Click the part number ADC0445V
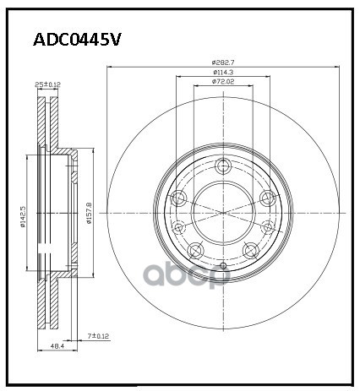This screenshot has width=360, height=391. click(77, 39)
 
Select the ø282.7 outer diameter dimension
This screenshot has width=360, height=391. click(224, 62)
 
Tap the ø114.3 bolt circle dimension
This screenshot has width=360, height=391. click(224, 73)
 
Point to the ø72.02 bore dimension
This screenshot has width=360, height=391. click(224, 84)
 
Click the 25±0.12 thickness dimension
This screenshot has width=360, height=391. click(46, 85)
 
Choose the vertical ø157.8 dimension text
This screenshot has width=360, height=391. click(89, 209)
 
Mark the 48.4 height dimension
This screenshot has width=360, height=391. click(57, 347)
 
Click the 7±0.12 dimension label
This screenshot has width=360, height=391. click(99, 337)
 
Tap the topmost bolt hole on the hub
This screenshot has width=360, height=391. click(223, 166)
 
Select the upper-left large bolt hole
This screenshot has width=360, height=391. click(179, 198)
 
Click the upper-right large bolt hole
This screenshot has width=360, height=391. click(267, 198)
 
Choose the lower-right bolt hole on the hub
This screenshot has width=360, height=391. click(250, 249)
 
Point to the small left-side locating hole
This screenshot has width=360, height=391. click(178, 226)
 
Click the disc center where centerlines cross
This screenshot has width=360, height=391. click(223, 213)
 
